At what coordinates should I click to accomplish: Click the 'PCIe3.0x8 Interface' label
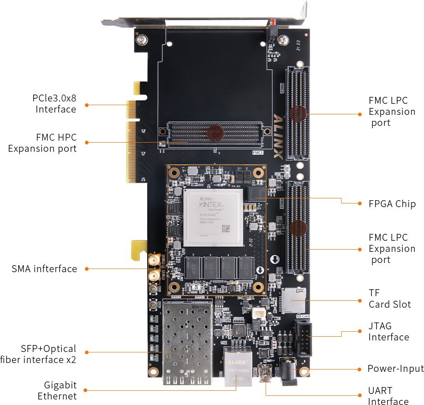pos(54,104)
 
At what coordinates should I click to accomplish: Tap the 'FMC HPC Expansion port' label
pos(42,143)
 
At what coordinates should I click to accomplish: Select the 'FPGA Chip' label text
pos(392,204)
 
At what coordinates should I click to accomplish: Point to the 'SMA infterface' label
pos(44,268)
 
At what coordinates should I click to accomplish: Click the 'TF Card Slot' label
pos(389,298)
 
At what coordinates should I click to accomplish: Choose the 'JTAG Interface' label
pos(388,332)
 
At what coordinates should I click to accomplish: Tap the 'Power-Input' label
pos(395,369)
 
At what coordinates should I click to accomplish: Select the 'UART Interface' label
pos(388,396)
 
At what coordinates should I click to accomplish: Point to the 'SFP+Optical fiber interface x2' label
pos(39,354)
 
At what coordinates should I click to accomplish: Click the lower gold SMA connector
pos(153,277)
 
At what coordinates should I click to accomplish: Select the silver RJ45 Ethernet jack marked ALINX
pos(236,367)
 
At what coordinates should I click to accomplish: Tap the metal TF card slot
pos(293,300)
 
